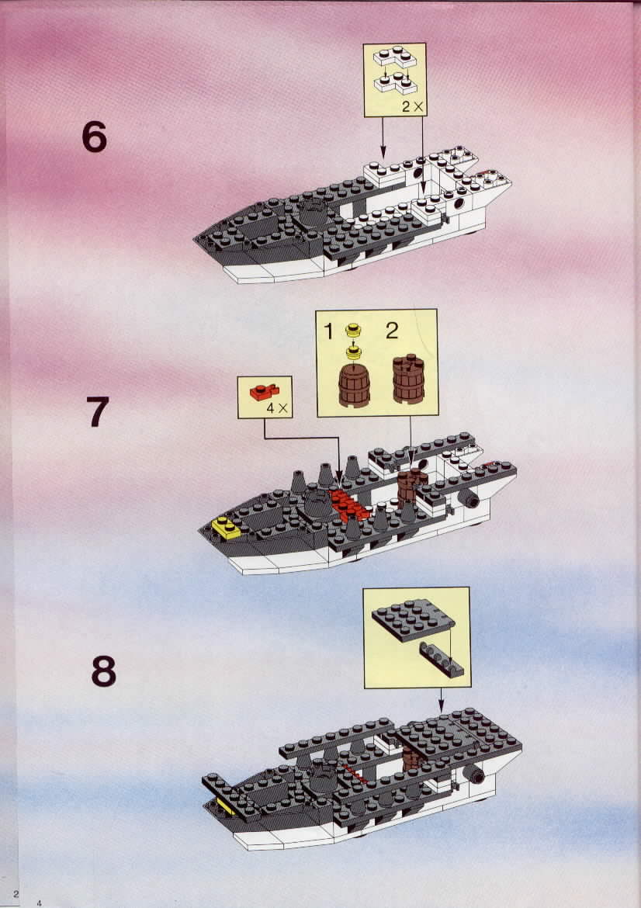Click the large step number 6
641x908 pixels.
click(x=95, y=138)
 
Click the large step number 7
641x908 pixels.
click(x=97, y=411)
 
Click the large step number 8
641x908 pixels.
click(x=104, y=671)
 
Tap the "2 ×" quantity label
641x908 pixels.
click(x=413, y=106)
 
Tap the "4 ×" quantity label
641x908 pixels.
click(x=277, y=407)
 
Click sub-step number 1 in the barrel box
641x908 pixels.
click(x=328, y=332)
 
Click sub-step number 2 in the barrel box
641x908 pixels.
click(x=392, y=331)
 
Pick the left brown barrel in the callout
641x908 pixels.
click(x=354, y=385)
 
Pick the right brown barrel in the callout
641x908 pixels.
click(x=408, y=379)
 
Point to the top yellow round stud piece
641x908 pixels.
click(x=352, y=331)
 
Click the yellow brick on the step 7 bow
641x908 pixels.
click(x=227, y=529)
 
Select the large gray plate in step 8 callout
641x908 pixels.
click(x=413, y=619)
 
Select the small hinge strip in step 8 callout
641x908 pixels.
click(x=442, y=660)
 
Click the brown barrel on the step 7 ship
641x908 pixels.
click(x=411, y=487)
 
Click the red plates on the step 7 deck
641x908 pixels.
click(x=348, y=505)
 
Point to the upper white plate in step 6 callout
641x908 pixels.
click(x=395, y=58)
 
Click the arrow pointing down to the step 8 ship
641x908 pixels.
click(x=441, y=700)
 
